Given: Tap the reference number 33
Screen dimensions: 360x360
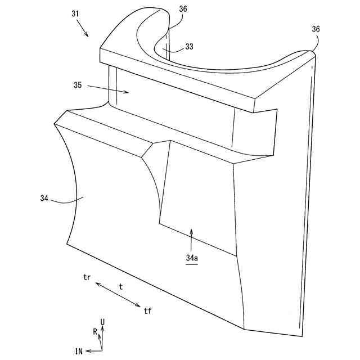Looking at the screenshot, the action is tap(189, 47).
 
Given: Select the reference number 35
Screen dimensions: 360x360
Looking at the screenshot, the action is tap(78, 85).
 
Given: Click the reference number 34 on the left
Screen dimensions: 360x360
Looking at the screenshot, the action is tap(45, 198).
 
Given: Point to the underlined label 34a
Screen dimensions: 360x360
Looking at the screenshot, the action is tap(192, 258).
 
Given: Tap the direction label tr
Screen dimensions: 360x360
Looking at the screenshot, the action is tap(87, 278).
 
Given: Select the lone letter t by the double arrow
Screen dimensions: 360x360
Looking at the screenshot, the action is tap(120, 286).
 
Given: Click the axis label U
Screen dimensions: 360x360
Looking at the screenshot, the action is tap(102, 322).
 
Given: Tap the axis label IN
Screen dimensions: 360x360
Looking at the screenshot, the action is tap(79, 351).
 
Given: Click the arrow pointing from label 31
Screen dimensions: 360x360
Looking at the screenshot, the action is tap(83, 28).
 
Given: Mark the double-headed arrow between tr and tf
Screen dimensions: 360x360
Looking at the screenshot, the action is tap(118, 295).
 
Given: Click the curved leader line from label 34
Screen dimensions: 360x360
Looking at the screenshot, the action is tap(67, 200).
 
